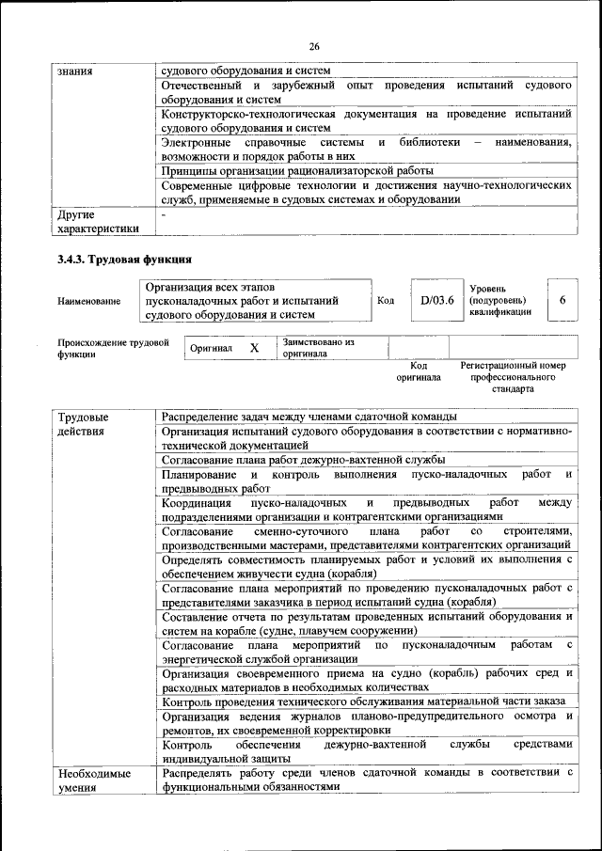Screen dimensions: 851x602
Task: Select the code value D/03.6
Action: click(x=437, y=300)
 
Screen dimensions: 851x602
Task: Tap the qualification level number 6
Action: click(x=562, y=300)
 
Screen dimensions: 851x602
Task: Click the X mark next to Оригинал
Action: click(x=254, y=348)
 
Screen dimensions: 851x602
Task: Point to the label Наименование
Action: click(x=88, y=301)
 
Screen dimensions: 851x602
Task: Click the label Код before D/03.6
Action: click(x=386, y=300)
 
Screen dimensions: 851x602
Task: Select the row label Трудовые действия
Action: click(x=83, y=424)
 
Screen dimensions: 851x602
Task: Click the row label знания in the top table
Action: click(x=74, y=69)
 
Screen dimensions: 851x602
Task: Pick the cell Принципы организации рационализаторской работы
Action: click(x=297, y=171)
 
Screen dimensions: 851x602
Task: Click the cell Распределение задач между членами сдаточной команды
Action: click(x=309, y=416)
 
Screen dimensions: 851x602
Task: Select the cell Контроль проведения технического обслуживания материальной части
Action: click(x=363, y=701)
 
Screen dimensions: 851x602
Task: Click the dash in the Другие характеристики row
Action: click(x=164, y=214)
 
